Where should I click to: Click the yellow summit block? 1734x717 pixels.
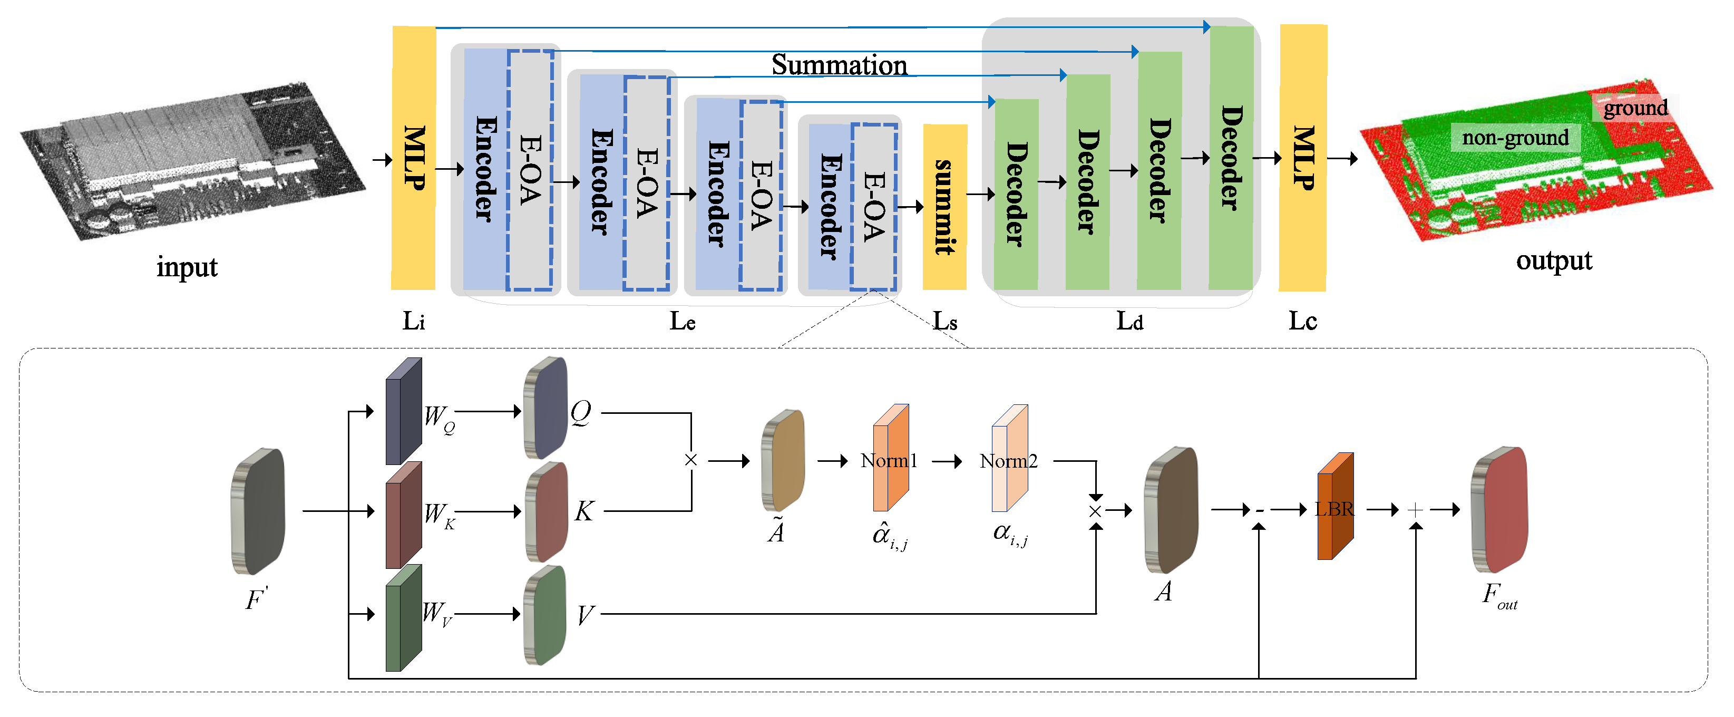944,207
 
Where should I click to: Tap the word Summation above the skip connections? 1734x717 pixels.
839,65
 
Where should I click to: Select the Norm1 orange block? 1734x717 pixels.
890,459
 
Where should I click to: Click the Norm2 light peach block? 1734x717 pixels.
1009,459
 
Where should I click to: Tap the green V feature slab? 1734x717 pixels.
545,615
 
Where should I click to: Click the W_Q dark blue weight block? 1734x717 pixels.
403,412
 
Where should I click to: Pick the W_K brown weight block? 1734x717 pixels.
403,515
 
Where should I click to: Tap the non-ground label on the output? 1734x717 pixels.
1515,138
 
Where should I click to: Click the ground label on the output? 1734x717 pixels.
1634,108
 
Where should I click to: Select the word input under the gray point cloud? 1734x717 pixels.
187,267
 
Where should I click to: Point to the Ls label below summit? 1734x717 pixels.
944,321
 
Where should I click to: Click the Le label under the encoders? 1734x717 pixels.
682,321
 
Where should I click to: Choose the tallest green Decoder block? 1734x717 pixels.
1231,158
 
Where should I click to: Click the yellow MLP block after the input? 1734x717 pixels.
413,158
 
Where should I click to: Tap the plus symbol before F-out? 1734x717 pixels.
1415,510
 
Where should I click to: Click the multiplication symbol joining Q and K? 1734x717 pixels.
690,460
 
